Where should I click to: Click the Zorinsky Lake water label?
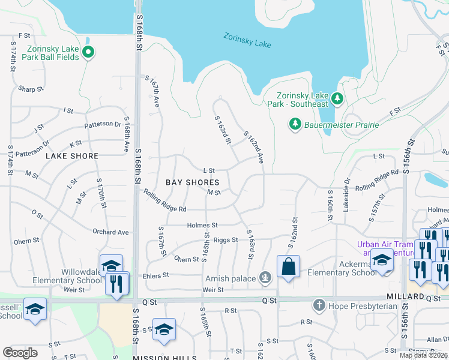[x=247, y=40]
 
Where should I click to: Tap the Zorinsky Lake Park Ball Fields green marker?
[x=88, y=52]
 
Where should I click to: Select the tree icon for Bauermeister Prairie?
[x=295, y=124]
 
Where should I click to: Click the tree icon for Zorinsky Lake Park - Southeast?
[x=337, y=98]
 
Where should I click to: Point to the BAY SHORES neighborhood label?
[x=192, y=182]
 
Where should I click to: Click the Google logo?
[x=20, y=353]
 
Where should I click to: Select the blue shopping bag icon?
[x=288, y=267]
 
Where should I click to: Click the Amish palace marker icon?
[x=264, y=277]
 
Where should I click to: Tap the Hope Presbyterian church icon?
[x=319, y=305]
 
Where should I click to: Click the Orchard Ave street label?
[x=111, y=232]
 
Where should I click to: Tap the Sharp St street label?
[x=31, y=89]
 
